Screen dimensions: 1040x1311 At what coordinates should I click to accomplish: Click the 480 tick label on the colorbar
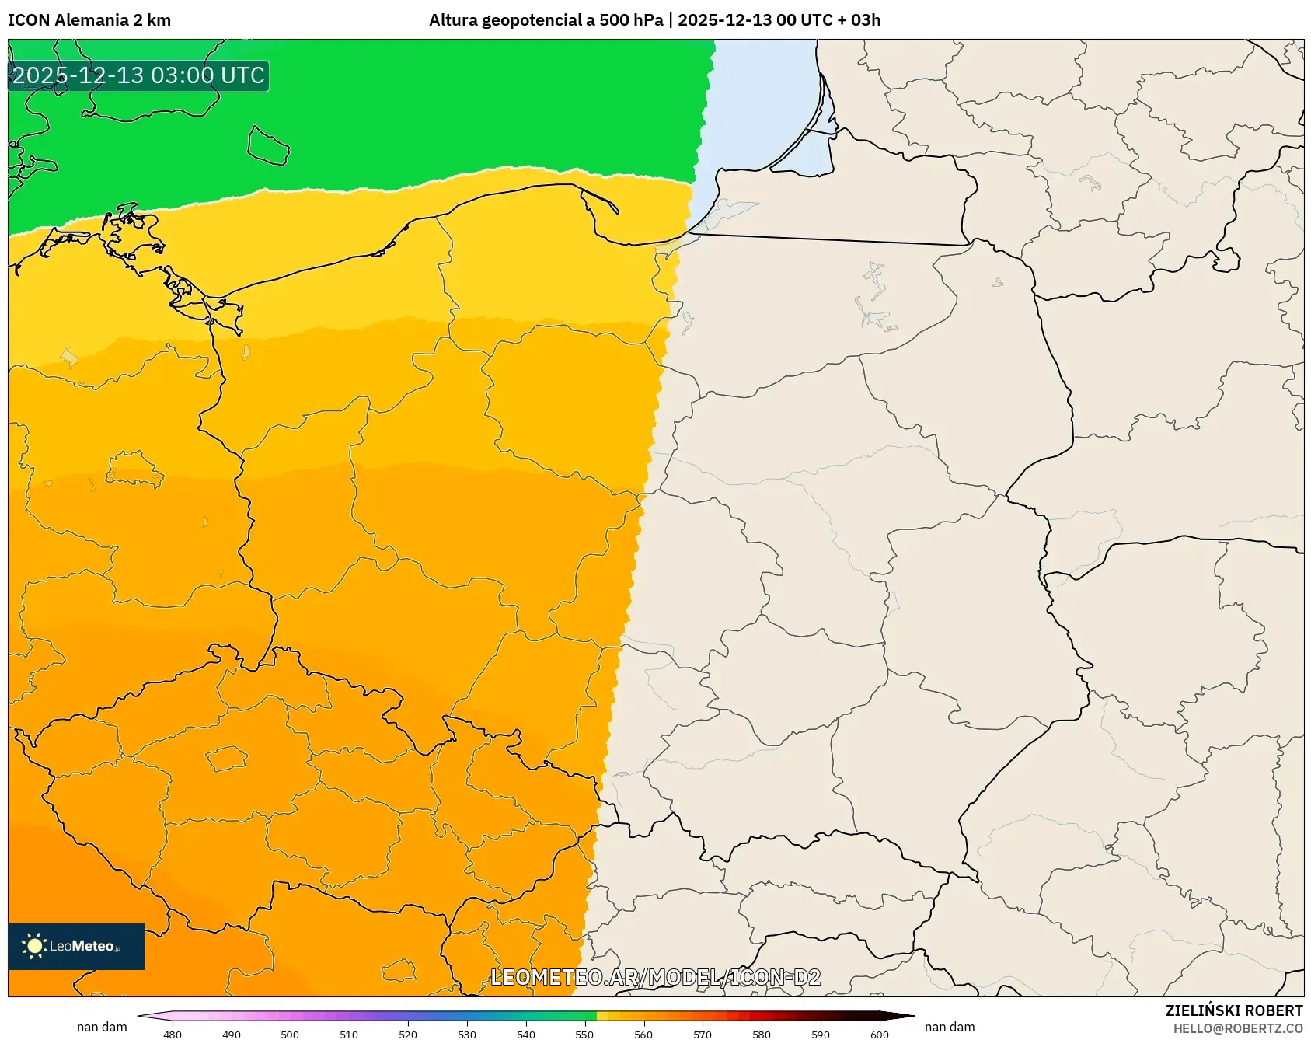pyautogui.click(x=173, y=1035)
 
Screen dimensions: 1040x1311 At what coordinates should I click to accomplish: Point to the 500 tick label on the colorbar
pyautogui.click(x=290, y=1035)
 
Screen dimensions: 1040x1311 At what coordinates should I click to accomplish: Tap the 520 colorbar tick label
pyautogui.click(x=408, y=1035)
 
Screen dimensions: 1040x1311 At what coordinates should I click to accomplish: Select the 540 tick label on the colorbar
pyautogui.click(x=526, y=1035)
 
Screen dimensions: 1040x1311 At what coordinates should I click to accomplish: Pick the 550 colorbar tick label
pyautogui.click(x=584, y=1035)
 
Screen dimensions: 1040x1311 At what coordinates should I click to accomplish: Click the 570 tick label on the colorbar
pyautogui.click(x=703, y=1035)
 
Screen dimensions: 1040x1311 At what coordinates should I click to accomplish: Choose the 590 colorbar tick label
pyautogui.click(x=821, y=1035)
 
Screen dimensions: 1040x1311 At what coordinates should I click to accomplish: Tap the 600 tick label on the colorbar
pyautogui.click(x=880, y=1035)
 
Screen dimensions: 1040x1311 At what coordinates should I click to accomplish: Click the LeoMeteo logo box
pyautogui.click(x=76, y=946)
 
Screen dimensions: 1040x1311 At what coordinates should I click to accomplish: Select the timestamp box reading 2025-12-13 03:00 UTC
pyautogui.click(x=138, y=76)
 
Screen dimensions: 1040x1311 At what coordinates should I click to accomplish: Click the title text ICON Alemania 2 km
pyautogui.click(x=89, y=20)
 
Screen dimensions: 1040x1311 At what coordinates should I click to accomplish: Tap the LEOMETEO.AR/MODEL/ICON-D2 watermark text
pyautogui.click(x=655, y=977)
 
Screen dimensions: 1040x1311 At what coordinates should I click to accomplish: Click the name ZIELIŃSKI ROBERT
pyautogui.click(x=1234, y=1010)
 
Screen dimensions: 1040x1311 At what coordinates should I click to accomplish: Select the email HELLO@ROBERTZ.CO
pyautogui.click(x=1238, y=1028)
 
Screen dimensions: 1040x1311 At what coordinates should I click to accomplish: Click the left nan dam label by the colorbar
pyautogui.click(x=102, y=1027)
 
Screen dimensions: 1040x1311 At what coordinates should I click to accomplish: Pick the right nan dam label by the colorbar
pyautogui.click(x=950, y=1027)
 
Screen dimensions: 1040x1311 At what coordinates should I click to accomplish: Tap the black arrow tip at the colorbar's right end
pyautogui.click(x=907, y=1015)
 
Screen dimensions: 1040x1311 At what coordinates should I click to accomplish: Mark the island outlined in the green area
pyautogui.click(x=268, y=146)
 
